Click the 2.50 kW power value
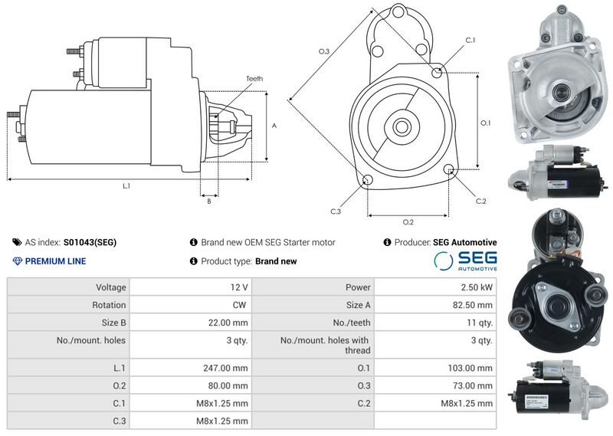point(477,287)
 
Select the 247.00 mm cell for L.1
point(225,368)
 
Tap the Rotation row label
point(109,305)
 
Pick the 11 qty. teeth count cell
point(480,323)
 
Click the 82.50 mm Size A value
point(473,305)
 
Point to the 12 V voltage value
point(239,287)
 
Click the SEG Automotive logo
point(465,261)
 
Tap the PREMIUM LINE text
point(55,261)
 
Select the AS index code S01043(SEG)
point(90,242)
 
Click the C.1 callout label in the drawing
point(470,41)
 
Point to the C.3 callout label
point(336,211)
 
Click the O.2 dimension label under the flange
point(408,222)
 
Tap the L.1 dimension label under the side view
point(126,186)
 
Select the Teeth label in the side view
point(254,79)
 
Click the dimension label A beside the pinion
point(274,126)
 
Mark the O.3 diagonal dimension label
point(324,51)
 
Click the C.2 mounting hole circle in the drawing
point(449,169)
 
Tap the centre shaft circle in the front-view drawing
point(401,126)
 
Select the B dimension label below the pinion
point(209,202)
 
